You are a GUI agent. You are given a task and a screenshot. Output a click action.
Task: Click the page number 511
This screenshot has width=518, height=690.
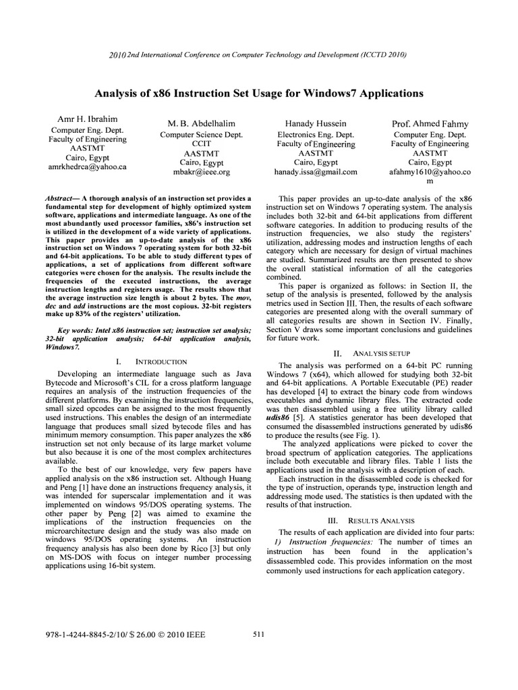tap(259, 633)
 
